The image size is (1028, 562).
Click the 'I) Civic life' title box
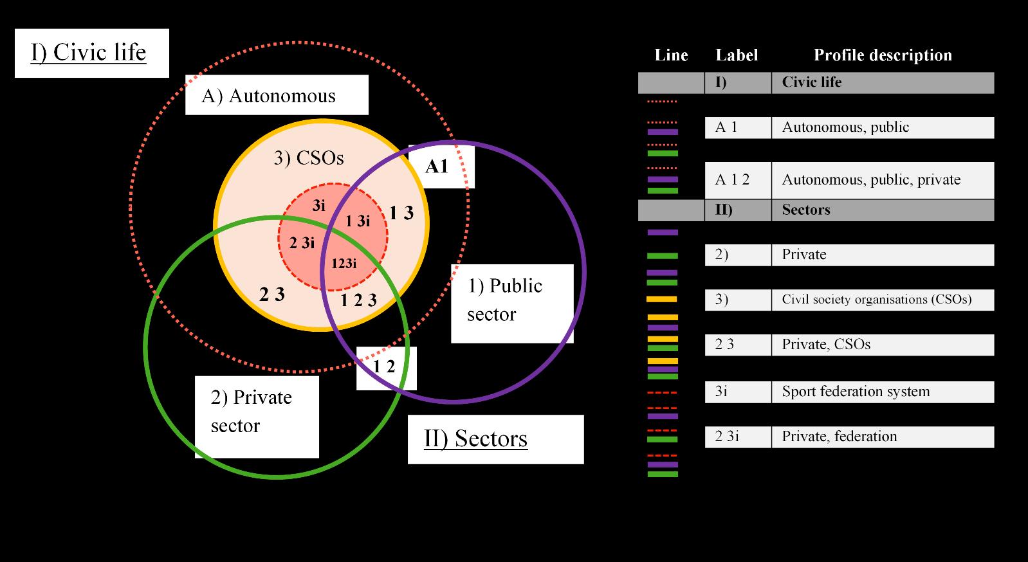coord(91,53)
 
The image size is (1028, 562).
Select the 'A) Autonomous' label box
coord(276,96)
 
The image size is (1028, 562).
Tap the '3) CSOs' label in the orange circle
coord(308,158)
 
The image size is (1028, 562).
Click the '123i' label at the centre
coord(344,263)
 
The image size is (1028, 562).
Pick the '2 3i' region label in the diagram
coord(302,243)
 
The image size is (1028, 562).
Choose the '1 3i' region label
coord(358,221)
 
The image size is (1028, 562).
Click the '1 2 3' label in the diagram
coord(358,300)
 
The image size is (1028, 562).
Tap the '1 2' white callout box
coord(386,368)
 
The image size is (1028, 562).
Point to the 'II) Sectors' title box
coord(495,439)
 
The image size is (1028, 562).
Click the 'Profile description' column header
coord(883,55)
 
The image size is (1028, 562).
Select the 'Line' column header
coord(671,55)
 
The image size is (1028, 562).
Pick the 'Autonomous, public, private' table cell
coord(882,179)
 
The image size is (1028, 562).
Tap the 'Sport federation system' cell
coord(882,392)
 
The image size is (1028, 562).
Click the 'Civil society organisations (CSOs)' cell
coord(882,300)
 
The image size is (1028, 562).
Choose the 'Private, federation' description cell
coord(882,437)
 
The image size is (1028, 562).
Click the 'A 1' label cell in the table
coord(737,127)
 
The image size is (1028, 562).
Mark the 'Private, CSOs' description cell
coord(882,345)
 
